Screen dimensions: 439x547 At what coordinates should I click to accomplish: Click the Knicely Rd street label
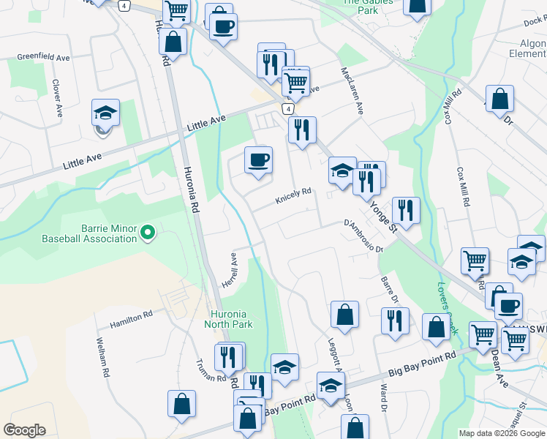coord(293,195)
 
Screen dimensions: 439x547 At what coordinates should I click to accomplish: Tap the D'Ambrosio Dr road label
coord(363,236)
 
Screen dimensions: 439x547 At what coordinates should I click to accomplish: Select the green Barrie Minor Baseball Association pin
coord(148,233)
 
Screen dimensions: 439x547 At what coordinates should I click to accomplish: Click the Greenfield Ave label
coord(43,56)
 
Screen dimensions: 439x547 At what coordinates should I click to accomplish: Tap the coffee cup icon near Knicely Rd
coord(257,160)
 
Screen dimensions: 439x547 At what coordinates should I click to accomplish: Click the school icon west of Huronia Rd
coord(105,113)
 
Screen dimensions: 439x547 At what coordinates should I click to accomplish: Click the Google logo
coord(24,430)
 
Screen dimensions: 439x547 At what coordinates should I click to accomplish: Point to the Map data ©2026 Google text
coord(502,433)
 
